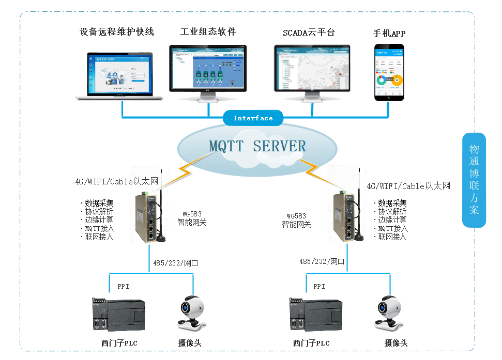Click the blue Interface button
click(x=253, y=118)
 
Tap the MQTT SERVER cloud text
click(x=257, y=146)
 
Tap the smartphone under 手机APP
click(x=389, y=72)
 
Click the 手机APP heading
click(x=389, y=34)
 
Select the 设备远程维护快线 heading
click(x=117, y=32)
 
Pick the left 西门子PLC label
click(x=119, y=343)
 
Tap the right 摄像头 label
click(x=396, y=343)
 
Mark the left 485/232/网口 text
click(x=175, y=263)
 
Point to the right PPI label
click(x=319, y=286)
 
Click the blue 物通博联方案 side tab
click(x=474, y=180)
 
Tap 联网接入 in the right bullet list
click(x=392, y=237)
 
